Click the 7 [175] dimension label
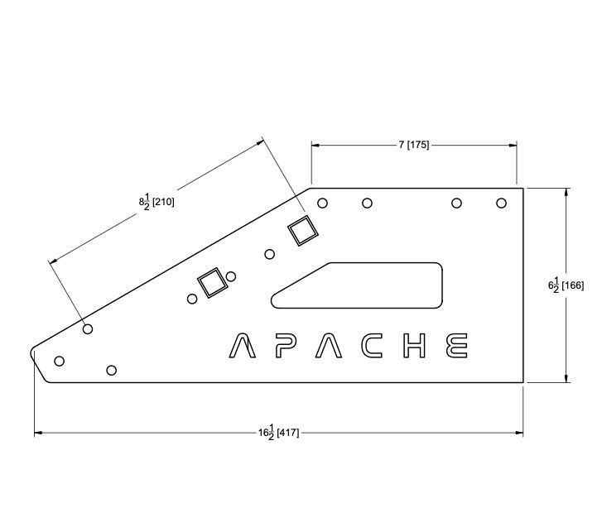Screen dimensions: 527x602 (x=413, y=145)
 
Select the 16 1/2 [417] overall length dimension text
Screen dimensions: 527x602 (x=277, y=432)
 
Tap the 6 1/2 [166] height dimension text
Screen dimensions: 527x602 (x=566, y=285)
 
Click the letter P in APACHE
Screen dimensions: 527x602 (x=284, y=346)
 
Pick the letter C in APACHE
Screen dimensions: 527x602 (x=369, y=346)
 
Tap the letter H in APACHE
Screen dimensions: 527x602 (x=413, y=346)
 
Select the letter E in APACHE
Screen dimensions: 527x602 (x=456, y=346)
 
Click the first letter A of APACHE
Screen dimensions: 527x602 (x=241, y=346)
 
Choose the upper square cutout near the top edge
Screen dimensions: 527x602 (x=301, y=231)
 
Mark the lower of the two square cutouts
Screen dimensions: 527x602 (x=211, y=284)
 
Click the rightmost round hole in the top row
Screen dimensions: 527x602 (x=501, y=203)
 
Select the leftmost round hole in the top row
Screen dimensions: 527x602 (x=323, y=203)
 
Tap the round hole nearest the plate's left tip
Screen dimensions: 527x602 (x=59, y=361)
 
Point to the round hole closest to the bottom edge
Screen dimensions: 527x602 (x=112, y=369)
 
